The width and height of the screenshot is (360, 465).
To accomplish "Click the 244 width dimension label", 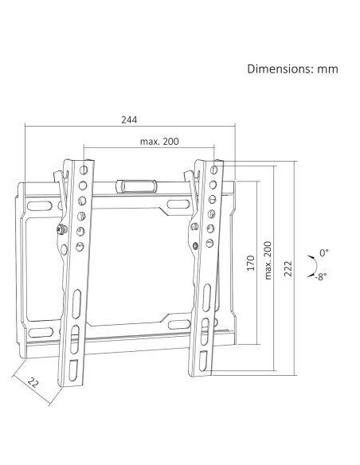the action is (129, 119).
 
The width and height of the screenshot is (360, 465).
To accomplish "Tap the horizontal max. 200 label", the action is (159, 142).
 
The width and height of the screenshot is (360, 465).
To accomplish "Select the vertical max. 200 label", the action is (268, 260).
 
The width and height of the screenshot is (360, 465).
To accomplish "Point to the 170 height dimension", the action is (251, 263).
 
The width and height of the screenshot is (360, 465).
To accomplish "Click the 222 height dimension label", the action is (288, 268).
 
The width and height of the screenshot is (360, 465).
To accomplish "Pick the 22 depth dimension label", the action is (33, 382).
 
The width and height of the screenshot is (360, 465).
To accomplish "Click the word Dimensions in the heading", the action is (279, 68).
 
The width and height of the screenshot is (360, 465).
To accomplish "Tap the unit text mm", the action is (327, 70).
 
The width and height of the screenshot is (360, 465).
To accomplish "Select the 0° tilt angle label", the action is (324, 253).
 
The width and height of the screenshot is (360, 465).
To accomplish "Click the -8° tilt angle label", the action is (321, 276).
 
